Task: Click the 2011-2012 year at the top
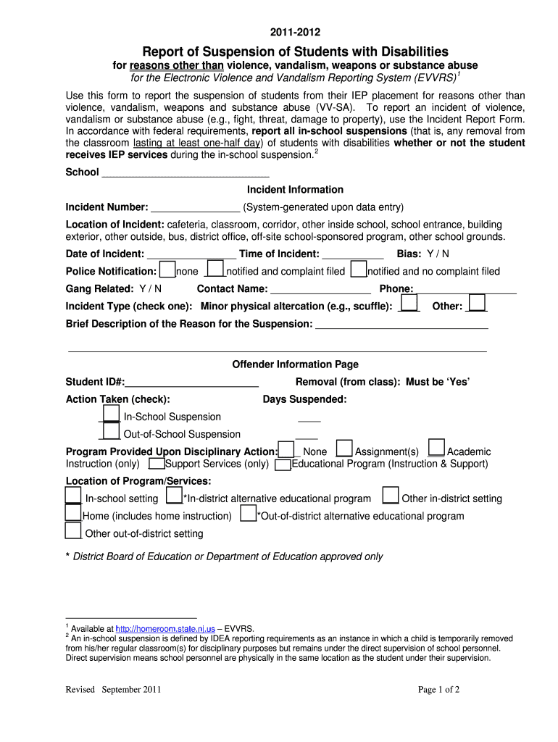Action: click(x=295, y=33)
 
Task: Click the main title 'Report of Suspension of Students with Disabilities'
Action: click(x=295, y=51)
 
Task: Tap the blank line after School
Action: click(x=186, y=172)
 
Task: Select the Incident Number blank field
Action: click(x=195, y=207)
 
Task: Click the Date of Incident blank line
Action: click(x=191, y=254)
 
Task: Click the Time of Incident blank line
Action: click(x=352, y=254)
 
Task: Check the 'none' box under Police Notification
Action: click(x=167, y=270)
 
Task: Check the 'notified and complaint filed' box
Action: click(x=216, y=270)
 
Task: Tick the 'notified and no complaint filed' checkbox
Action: click(x=358, y=270)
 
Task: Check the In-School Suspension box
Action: click(x=110, y=414)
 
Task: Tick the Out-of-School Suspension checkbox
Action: click(x=110, y=432)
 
